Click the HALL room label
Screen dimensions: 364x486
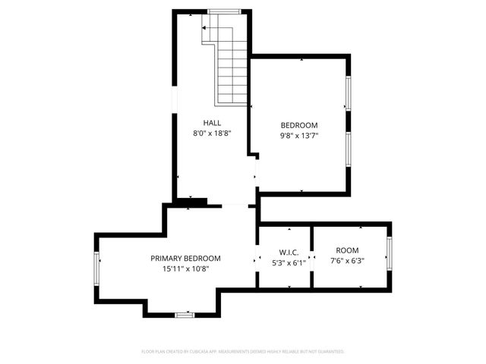(x=212, y=123)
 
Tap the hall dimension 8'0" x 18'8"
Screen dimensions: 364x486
(x=212, y=133)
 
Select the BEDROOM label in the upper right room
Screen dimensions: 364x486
(x=299, y=125)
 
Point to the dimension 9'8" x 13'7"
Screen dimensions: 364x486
(x=299, y=136)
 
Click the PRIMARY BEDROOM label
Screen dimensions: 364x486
(x=185, y=258)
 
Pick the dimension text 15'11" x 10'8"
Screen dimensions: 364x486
(x=185, y=268)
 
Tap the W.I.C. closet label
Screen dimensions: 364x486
(x=289, y=252)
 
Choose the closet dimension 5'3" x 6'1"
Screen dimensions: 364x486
(x=289, y=263)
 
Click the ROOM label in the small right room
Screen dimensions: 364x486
(x=348, y=250)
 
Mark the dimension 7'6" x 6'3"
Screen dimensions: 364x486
(x=348, y=262)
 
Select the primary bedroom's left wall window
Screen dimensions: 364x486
(x=97, y=268)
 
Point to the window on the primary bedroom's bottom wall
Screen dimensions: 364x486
(x=185, y=315)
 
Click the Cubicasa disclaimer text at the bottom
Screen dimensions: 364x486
(x=243, y=352)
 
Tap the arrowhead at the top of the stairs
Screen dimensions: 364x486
(x=204, y=27)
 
